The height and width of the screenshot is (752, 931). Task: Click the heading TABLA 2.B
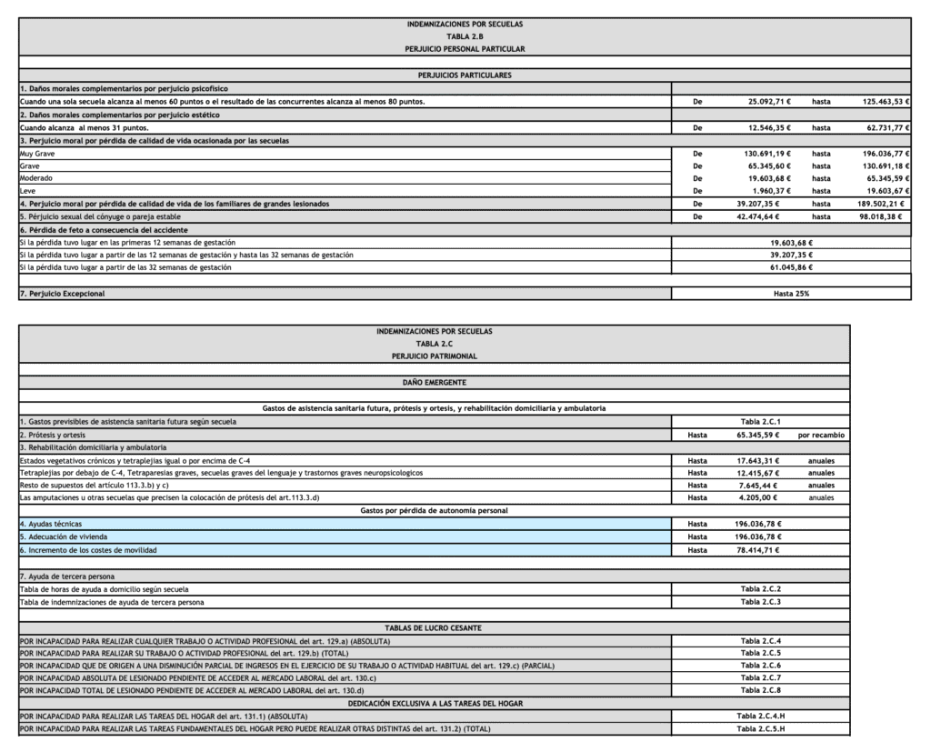(x=465, y=35)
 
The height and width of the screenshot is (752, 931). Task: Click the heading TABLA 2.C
(x=434, y=344)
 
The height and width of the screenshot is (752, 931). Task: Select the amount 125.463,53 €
(x=880, y=102)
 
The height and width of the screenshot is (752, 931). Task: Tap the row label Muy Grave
(x=37, y=155)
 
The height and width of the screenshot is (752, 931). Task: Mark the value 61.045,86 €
(x=791, y=267)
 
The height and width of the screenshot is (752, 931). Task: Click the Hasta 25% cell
(x=791, y=294)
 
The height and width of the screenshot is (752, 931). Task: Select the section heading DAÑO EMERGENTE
(x=434, y=383)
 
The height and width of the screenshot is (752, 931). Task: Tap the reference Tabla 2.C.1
(x=761, y=422)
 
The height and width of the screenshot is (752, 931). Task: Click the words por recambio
(x=821, y=436)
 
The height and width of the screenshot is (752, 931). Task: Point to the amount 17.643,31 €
(x=763, y=461)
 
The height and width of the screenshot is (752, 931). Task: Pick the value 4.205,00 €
(x=766, y=497)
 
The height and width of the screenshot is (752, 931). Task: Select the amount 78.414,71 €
(x=763, y=550)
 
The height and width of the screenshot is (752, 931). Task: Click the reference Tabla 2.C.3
(x=761, y=602)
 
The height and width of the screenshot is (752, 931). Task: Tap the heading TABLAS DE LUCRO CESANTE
(x=434, y=628)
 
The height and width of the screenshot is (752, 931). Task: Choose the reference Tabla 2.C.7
(x=761, y=677)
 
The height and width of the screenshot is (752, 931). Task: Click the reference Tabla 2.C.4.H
(x=761, y=716)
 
